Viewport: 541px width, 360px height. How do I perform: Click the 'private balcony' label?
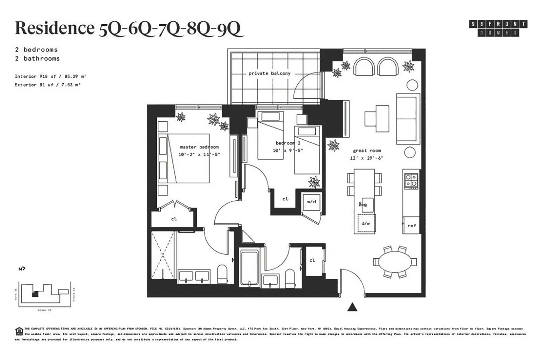pos(269,73)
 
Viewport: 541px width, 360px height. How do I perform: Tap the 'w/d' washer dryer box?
pos(311,202)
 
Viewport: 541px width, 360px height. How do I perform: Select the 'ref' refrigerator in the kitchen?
pos(411,225)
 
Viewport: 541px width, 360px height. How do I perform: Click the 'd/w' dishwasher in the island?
pos(366,223)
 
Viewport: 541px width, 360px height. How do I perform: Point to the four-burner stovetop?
pos(411,181)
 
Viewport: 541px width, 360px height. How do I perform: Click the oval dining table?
pos(394,262)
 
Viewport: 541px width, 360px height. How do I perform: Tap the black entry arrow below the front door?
pos(352,307)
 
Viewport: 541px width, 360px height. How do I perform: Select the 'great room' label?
pos(367,151)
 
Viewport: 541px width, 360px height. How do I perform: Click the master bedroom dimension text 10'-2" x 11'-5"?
pos(199,154)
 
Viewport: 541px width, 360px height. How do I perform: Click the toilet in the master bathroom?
pos(222,274)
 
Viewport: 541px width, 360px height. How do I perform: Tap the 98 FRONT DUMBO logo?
pos(498,28)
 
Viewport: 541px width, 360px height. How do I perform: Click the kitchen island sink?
pos(367,205)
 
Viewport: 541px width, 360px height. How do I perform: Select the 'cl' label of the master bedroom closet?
pos(174,219)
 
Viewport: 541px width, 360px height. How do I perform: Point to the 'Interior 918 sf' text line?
pos(50,76)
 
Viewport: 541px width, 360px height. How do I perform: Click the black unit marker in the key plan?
pos(35,294)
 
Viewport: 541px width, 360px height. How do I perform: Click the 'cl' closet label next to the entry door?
pos(312,260)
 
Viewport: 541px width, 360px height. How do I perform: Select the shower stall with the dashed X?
pos(162,255)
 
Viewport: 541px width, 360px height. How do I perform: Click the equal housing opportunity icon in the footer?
pos(19,331)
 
